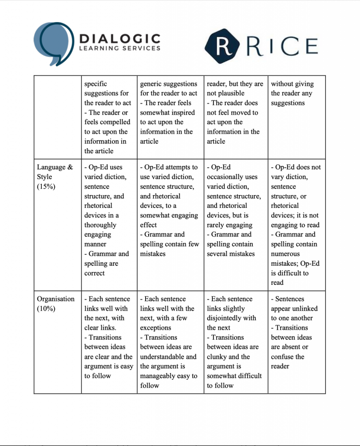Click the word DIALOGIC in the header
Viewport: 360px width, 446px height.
click(x=119, y=39)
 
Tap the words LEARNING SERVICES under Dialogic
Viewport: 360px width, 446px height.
click(x=119, y=48)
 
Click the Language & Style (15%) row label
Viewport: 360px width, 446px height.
click(x=55, y=177)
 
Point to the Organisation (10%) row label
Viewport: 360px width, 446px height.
click(x=56, y=304)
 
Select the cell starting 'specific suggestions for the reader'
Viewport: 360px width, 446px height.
click(x=109, y=117)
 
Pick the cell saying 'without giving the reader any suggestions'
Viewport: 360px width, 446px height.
click(x=296, y=94)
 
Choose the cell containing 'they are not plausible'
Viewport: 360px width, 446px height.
click(x=235, y=112)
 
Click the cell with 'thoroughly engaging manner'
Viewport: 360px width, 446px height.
click(x=109, y=220)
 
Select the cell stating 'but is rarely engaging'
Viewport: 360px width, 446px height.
click(x=235, y=210)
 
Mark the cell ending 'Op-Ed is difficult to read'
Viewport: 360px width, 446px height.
click(x=296, y=225)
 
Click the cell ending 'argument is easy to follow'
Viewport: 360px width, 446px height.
click(x=109, y=337)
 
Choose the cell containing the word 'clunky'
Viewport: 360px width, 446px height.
click(x=235, y=342)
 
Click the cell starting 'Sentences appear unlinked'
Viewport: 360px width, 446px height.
click(x=296, y=332)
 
